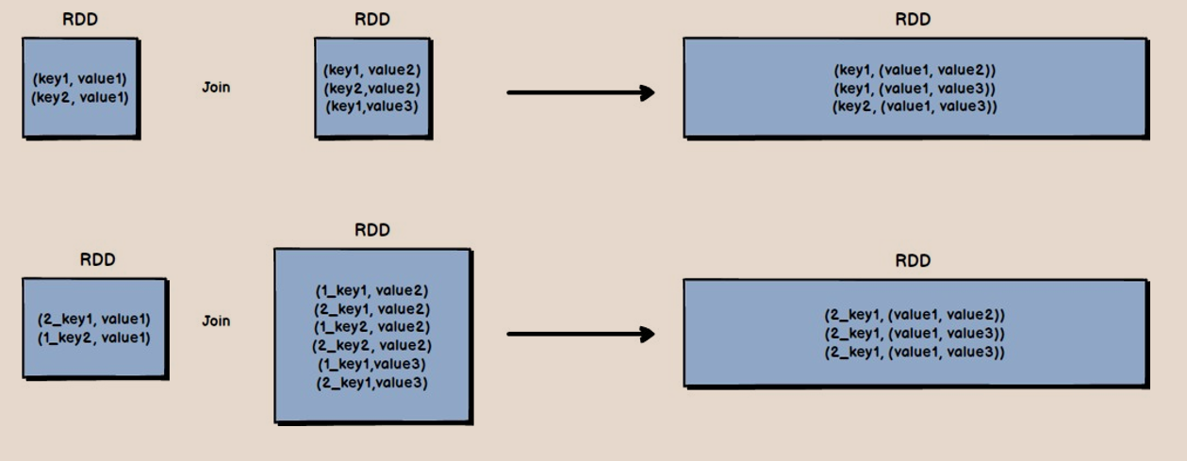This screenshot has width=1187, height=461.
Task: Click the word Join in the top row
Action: coord(216,88)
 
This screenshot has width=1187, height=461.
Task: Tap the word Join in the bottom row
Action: coord(216,321)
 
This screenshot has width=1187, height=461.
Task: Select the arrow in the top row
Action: coord(581,92)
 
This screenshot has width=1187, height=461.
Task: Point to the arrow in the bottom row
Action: coord(581,334)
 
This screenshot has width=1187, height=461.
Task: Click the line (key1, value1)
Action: coord(80,78)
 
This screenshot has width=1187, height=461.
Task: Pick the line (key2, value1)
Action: coord(80,96)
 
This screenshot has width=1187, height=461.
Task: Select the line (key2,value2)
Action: coord(371,88)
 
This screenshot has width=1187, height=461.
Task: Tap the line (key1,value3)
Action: coord(371,105)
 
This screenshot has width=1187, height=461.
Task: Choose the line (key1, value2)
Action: coord(371,71)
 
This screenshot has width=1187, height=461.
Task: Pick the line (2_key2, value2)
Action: coord(371,344)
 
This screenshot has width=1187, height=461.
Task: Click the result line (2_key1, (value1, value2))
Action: coord(915,315)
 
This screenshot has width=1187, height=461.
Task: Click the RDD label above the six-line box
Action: coord(372,231)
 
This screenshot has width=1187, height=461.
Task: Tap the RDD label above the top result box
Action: coord(914,20)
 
